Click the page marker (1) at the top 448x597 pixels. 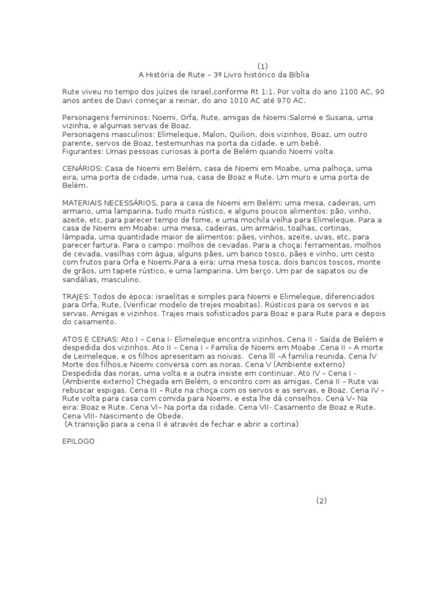coord(263,66)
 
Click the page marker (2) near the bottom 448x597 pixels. coord(322,501)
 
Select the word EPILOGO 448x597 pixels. coord(78,441)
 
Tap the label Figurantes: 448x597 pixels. coord(83,152)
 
